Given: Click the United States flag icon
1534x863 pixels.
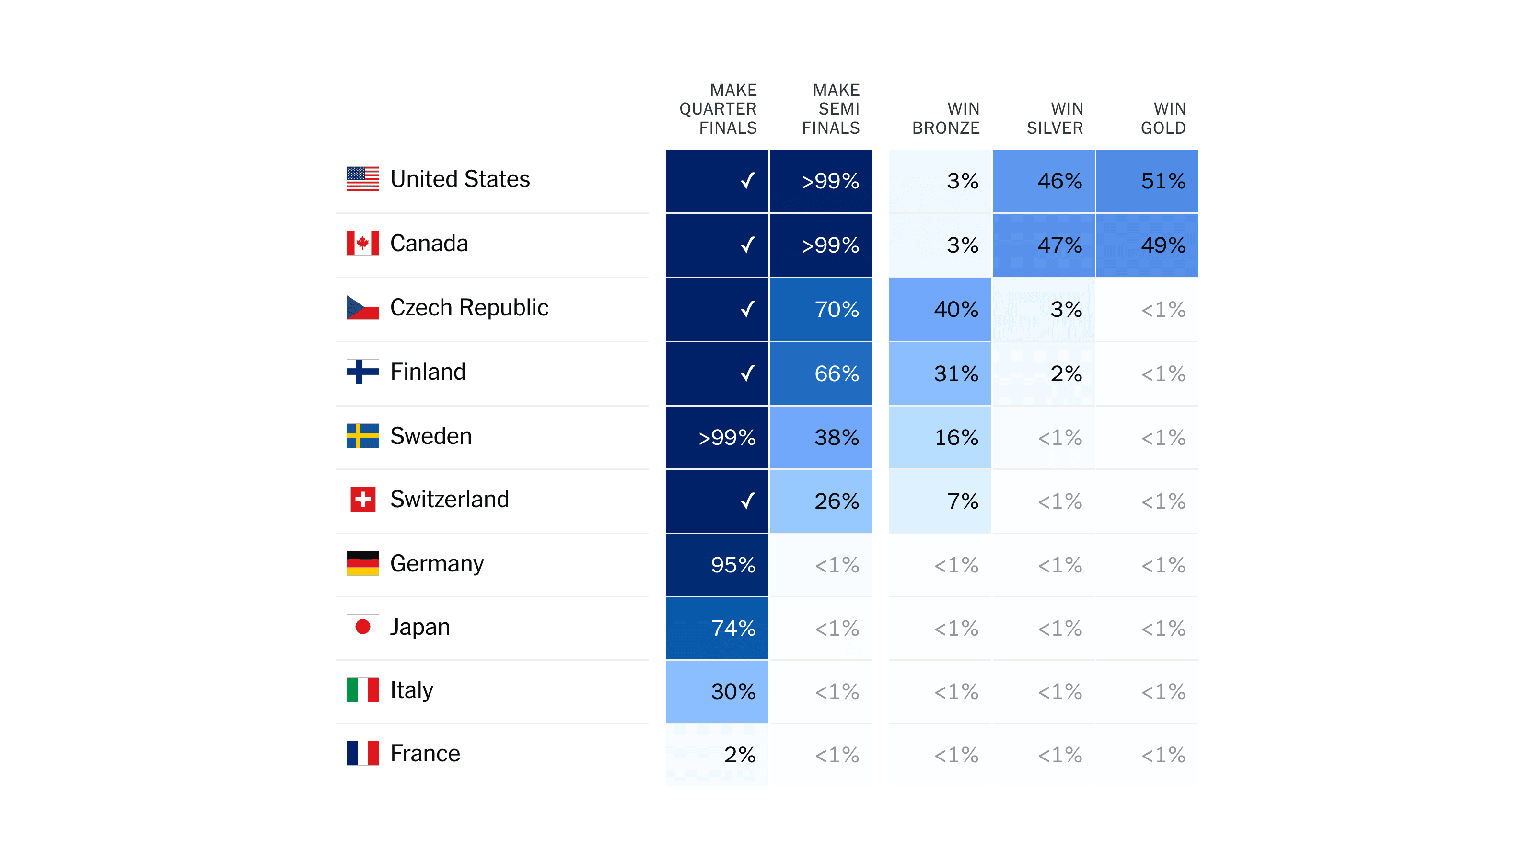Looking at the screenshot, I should point(363,179).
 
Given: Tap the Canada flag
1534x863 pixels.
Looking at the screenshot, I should point(363,243).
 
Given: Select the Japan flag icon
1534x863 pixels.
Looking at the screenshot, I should point(363,627).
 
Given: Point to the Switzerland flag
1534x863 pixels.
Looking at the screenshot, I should point(363,499).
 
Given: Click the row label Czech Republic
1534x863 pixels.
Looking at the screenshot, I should point(469,307).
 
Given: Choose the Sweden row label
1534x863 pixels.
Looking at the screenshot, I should point(430,436).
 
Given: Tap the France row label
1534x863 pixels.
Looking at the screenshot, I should point(425,753).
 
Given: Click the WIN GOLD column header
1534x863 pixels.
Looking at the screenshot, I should point(1162,118).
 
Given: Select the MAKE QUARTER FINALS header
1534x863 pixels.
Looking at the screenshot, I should point(718,109).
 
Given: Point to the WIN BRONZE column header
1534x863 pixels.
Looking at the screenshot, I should point(946,118).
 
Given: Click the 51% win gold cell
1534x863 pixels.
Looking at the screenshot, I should point(1147,181).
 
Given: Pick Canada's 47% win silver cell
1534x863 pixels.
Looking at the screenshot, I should point(1043,245).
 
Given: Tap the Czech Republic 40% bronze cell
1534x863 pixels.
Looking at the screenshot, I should point(940,309).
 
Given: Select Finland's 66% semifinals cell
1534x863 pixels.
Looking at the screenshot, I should point(821,373).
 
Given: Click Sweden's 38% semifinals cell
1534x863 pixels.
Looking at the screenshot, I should point(821,438).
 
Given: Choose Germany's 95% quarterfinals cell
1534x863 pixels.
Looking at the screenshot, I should point(717,565).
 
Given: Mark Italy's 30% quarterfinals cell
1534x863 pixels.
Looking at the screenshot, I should point(717,691).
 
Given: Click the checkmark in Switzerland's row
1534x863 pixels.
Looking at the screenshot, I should point(747,501).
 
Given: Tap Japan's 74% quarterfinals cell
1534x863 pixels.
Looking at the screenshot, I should point(717,628).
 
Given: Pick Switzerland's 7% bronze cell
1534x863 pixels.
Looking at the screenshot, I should point(940,501).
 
